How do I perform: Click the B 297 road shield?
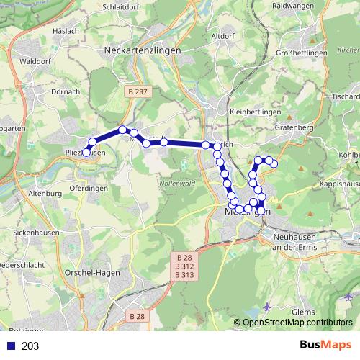click(135, 91)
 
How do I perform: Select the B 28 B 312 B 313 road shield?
click(184, 266)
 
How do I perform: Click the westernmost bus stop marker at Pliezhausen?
click(86, 152)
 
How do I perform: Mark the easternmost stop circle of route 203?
click(274, 163)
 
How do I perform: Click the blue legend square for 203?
click(9, 346)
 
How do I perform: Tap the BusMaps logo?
click(325, 346)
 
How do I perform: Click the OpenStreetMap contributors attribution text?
click(297, 323)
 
